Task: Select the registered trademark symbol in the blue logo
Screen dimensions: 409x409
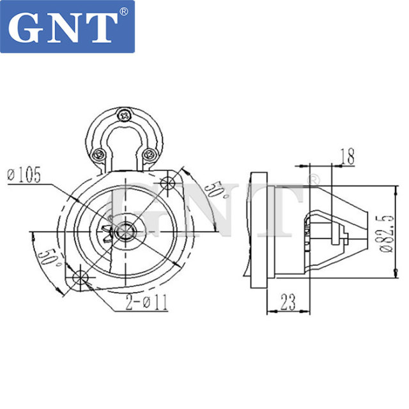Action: pyautogui.click(x=123, y=12)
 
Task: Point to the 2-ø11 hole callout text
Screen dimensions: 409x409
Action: pyautogui.click(x=146, y=302)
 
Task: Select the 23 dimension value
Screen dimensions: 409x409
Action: pyautogui.click(x=287, y=302)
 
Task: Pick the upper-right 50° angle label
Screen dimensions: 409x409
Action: pyautogui.click(x=213, y=189)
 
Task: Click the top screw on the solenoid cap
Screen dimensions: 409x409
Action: pyautogui.click(x=123, y=115)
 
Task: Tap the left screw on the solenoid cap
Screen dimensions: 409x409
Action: pyautogui.click(x=99, y=153)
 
